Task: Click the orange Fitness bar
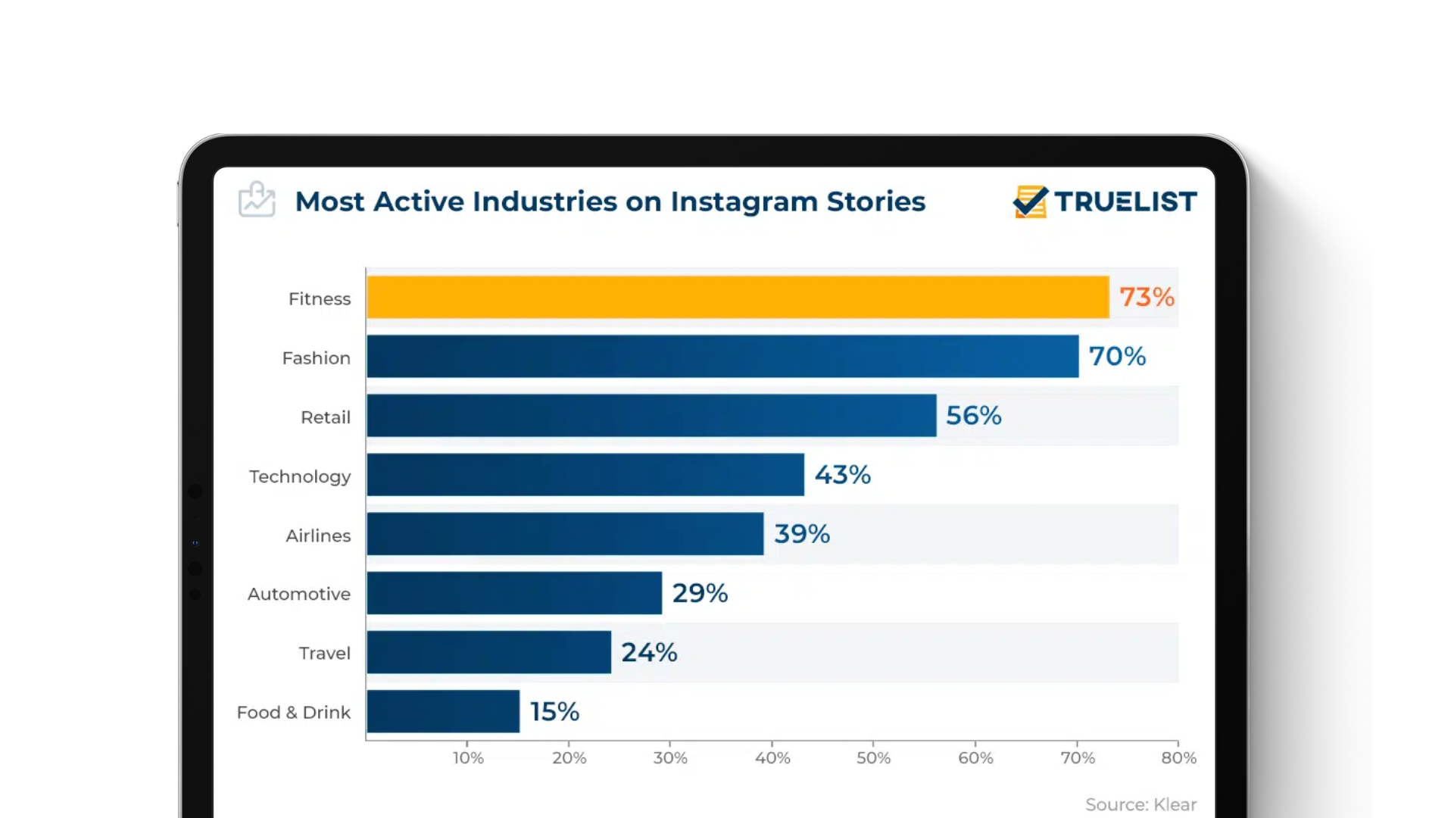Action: click(738, 297)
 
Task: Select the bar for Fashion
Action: click(722, 356)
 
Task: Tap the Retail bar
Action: click(651, 415)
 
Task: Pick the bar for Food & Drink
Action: click(443, 711)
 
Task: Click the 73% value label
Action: click(1147, 297)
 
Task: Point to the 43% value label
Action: click(842, 475)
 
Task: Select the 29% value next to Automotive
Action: click(700, 593)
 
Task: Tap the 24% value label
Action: click(649, 652)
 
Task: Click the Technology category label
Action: click(300, 476)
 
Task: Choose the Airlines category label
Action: click(318, 535)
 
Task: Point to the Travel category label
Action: click(324, 653)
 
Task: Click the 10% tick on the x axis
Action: click(468, 757)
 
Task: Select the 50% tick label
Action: click(873, 757)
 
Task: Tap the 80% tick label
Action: click(1178, 757)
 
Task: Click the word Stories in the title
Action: click(875, 201)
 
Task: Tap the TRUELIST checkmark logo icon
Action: click(1030, 201)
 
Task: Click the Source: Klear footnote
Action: click(1140, 804)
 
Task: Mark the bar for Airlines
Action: click(565, 534)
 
